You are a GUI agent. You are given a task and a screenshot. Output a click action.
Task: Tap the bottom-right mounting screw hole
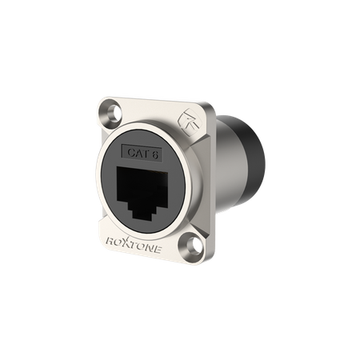[x=193, y=244]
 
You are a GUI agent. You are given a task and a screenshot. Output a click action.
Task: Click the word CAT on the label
[x=138, y=153]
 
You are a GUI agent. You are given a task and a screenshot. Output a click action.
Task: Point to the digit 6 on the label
[x=155, y=154]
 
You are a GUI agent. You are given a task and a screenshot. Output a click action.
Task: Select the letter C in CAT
[x=131, y=152]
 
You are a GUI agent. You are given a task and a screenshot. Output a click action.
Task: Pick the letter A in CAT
[x=138, y=153]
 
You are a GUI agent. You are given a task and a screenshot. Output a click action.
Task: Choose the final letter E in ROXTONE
[x=158, y=250]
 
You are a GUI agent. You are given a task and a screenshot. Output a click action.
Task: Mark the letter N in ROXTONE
[x=150, y=248]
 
